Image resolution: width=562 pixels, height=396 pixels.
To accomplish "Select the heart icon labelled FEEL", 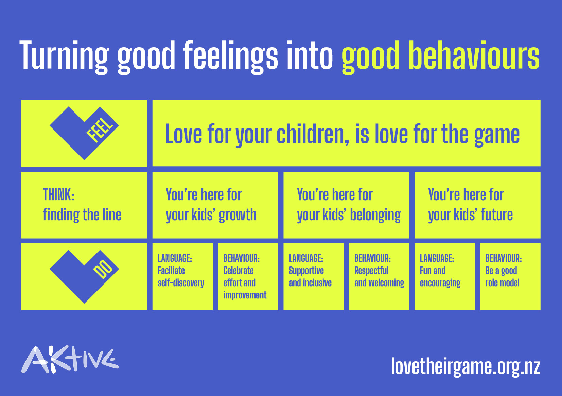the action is click(84, 133).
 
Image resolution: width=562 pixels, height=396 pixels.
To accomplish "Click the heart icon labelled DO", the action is click(84, 277).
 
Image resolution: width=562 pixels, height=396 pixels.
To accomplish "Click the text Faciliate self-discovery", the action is click(181, 277).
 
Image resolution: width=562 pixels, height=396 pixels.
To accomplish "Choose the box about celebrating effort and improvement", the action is click(248, 277).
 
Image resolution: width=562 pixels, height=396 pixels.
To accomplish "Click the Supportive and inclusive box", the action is click(314, 277).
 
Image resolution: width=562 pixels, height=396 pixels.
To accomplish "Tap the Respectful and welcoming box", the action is click(379, 277).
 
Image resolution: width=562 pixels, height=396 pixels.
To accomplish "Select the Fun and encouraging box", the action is click(444, 277).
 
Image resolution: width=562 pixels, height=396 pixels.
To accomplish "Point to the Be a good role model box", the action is click(510, 277).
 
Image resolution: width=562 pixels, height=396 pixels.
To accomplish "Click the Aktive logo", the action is click(70, 360).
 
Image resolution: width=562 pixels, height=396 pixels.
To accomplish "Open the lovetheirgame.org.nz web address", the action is click(466, 367).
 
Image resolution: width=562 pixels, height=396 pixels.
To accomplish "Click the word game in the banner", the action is click(497, 136).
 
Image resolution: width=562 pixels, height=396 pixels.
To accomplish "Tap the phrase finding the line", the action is click(82, 215).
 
